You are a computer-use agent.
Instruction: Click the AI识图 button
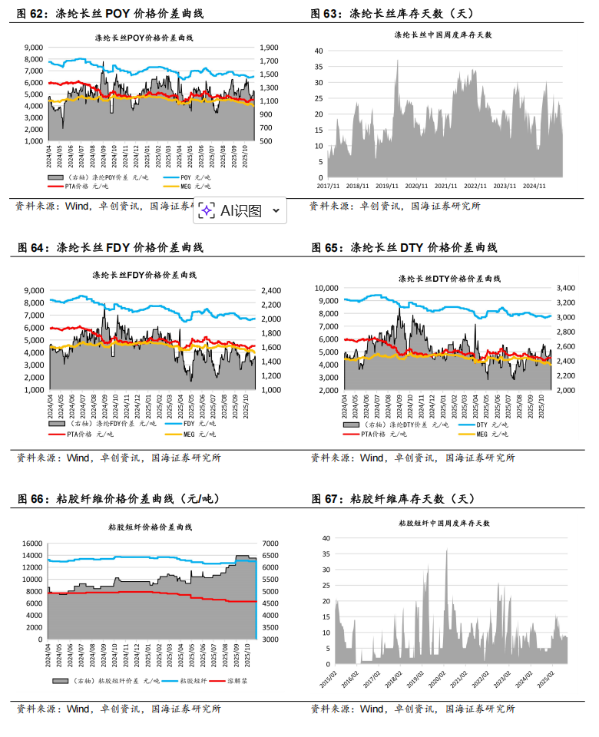240,210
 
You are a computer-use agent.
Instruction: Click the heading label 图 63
326,13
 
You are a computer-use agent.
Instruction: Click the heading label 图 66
31,499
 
